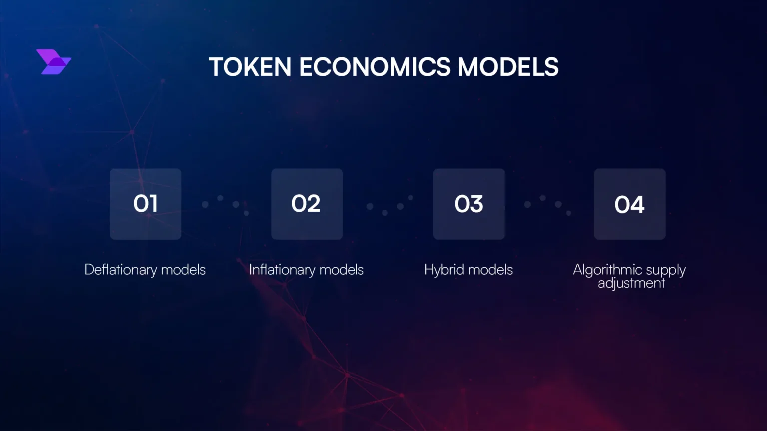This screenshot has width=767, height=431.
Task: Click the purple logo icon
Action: (54, 62)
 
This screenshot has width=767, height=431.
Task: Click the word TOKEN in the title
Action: (250, 67)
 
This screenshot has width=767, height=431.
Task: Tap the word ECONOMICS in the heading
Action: (375, 67)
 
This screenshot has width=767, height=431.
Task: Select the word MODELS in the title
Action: (508, 67)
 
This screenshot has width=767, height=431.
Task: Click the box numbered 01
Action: (145, 204)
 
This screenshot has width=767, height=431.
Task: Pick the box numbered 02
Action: (307, 204)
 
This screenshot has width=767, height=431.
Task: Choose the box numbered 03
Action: (469, 204)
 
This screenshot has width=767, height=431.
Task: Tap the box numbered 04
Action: (629, 204)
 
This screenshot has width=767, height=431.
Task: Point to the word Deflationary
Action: (121, 270)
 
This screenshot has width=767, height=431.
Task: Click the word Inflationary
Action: (282, 270)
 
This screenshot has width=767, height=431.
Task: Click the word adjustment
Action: (631, 283)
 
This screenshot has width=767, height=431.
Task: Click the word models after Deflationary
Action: (183, 270)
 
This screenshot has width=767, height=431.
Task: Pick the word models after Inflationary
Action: (341, 270)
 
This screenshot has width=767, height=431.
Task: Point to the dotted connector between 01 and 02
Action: (226, 204)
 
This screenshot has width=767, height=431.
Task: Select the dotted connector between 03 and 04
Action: (548, 204)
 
